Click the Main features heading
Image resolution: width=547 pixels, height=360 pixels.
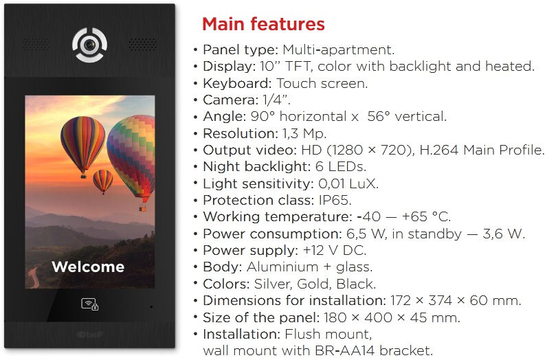click(263, 24)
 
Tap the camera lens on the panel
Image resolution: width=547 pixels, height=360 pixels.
click(89, 45)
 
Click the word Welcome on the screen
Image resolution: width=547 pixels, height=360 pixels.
click(88, 267)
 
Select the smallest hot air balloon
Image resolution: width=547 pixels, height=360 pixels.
click(103, 181)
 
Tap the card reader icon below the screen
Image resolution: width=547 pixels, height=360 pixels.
click(89, 304)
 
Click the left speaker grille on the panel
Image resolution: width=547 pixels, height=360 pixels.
click(36, 45)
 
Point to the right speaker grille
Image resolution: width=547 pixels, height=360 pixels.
click(143, 45)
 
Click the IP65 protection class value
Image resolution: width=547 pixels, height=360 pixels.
click(335, 200)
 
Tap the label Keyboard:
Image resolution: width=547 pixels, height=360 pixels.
click(237, 83)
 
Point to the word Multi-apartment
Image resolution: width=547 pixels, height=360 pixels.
click(338, 50)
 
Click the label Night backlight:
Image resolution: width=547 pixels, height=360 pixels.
click(256, 167)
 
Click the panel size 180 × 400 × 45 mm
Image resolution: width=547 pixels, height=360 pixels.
click(392, 317)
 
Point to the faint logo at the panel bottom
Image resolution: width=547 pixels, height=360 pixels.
click(89, 335)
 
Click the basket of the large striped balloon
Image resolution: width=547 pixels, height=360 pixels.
click(83, 176)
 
